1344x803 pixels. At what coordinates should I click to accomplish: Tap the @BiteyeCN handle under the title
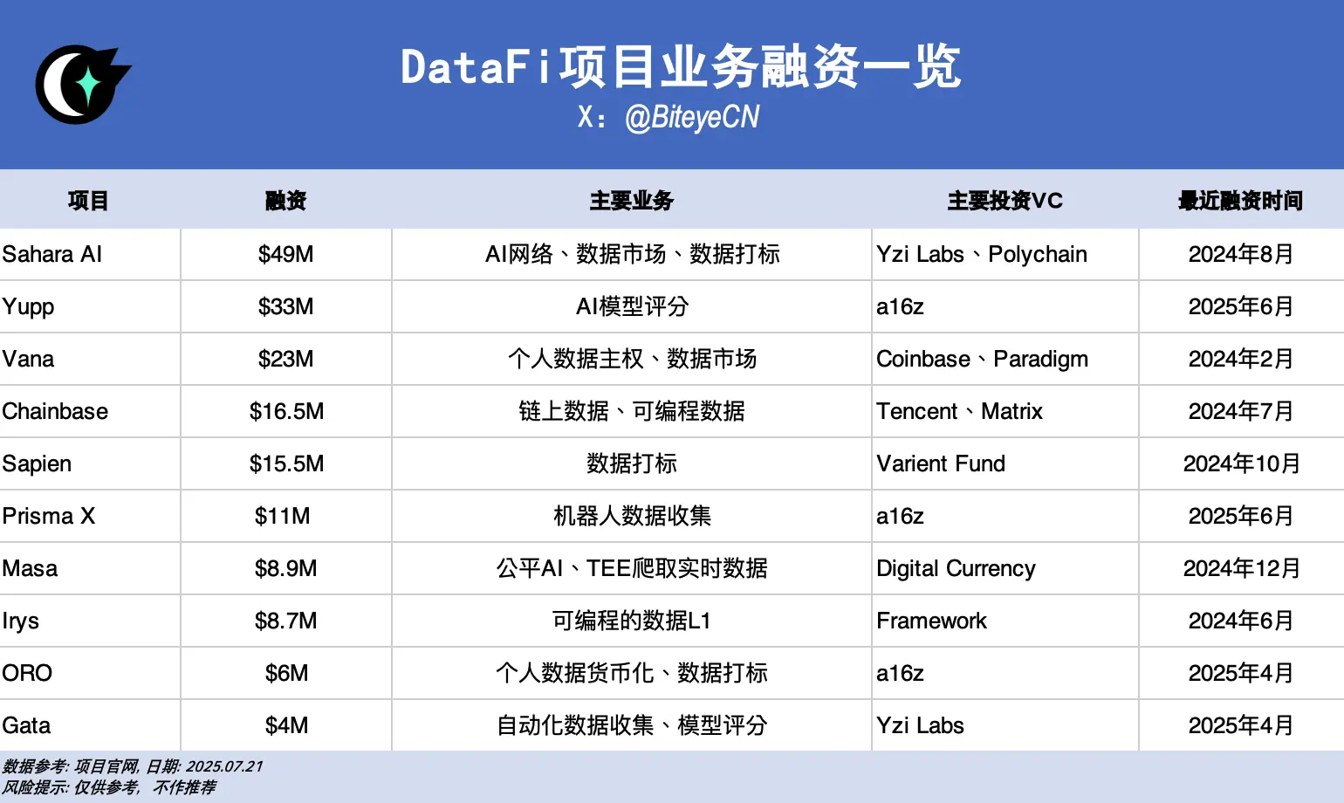[x=692, y=117]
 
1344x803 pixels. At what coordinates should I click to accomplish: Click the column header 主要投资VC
[x=1005, y=201]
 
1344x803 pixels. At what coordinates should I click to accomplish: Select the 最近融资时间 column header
[x=1240, y=201]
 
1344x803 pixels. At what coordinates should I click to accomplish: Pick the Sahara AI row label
[x=52, y=254]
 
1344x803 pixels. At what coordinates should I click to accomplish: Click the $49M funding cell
[x=285, y=254]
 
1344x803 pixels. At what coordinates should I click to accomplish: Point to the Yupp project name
[x=29, y=306]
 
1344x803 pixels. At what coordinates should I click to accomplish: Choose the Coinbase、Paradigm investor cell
[x=982, y=359]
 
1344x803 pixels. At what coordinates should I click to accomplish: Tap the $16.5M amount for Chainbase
[x=286, y=411]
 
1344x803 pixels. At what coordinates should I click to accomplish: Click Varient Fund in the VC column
[x=941, y=463]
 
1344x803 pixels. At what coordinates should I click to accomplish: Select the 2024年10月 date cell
[x=1241, y=463]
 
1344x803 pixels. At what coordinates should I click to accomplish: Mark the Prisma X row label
[x=49, y=516]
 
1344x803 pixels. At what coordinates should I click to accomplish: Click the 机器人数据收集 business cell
[x=632, y=516]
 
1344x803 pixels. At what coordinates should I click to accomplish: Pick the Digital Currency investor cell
[x=956, y=568]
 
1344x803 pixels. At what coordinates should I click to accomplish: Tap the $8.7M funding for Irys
[x=285, y=621]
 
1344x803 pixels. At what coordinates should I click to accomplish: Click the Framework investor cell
[x=931, y=621]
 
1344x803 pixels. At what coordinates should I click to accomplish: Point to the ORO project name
[x=27, y=673]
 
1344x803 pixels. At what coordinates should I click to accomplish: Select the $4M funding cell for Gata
[x=286, y=725]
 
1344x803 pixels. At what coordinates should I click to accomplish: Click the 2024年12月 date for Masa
[x=1241, y=568]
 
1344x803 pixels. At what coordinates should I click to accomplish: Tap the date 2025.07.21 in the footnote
[x=224, y=766]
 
